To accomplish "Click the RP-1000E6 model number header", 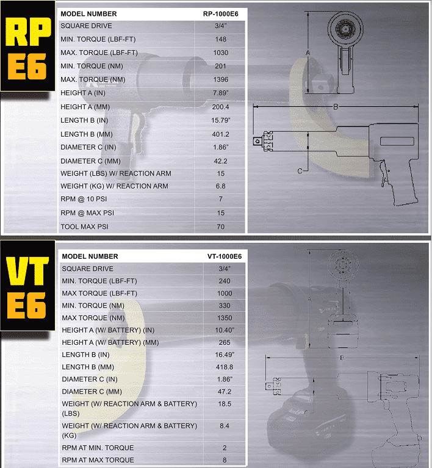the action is [x=221, y=14].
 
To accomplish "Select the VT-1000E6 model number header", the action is [x=225, y=256].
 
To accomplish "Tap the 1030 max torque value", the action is [x=221, y=53].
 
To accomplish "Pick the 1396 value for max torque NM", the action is [x=221, y=80].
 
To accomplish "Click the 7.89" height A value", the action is [x=221, y=93].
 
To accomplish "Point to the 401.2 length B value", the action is [x=221, y=134].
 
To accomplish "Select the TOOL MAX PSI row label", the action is [x=84, y=227].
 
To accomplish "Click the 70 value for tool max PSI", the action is [x=221, y=227].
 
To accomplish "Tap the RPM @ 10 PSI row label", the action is [x=84, y=199].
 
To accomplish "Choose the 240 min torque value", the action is [x=225, y=281].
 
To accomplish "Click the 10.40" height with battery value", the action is [x=225, y=330].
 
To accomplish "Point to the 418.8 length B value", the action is [x=225, y=367].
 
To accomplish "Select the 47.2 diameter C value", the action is [x=225, y=392].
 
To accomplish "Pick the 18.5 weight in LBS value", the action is [x=225, y=404].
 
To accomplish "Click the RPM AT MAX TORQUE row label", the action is [x=98, y=460].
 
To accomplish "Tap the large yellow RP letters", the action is [x=28, y=32].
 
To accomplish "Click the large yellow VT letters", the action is [x=28, y=272].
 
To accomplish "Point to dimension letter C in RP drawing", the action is [x=300, y=171].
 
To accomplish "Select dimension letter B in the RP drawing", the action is [x=336, y=107].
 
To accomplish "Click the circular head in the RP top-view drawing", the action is [x=345, y=29].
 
